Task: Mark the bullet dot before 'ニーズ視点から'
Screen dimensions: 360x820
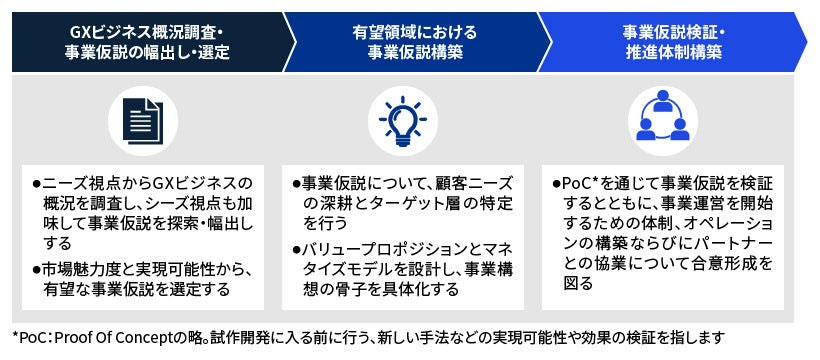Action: tap(36, 183)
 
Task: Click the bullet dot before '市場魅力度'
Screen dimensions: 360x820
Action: tap(36, 269)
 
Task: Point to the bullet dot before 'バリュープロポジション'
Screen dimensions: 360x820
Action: tap(296, 249)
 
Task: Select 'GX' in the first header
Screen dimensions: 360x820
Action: tap(84, 29)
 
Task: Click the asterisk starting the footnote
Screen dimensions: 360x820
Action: tap(16, 337)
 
